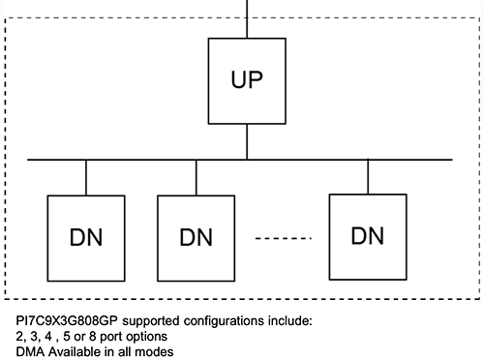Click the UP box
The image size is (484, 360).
tap(248, 80)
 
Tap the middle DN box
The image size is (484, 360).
tap(197, 235)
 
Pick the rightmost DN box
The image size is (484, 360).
tap(368, 234)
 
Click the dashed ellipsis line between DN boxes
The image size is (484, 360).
tap(282, 238)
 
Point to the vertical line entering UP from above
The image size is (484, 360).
tap(248, 19)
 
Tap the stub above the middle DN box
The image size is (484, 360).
tap(197, 177)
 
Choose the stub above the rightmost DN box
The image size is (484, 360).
tap(368, 176)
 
